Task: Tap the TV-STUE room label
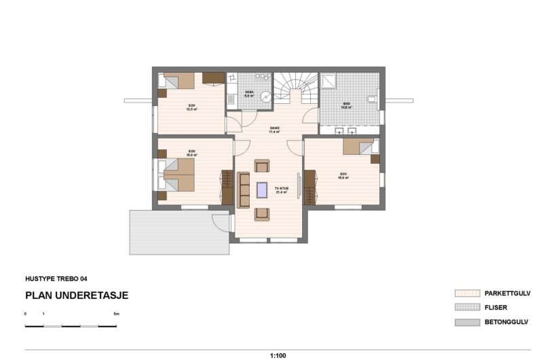(x=281, y=190)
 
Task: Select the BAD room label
(x=346, y=105)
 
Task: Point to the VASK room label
(x=249, y=94)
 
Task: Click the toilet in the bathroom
(x=371, y=99)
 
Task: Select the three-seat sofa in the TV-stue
(x=243, y=190)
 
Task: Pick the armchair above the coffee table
(x=262, y=166)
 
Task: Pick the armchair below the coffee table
(x=262, y=214)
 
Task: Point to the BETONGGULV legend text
(x=506, y=322)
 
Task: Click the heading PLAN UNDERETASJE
(x=77, y=295)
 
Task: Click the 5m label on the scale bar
(x=116, y=314)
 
